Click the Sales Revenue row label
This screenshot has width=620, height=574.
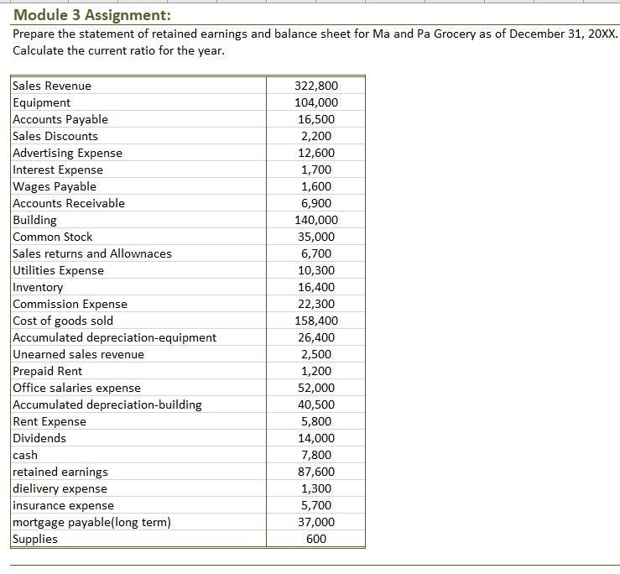tap(52, 86)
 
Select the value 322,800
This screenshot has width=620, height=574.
tap(316, 86)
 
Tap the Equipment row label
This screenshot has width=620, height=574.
tap(42, 102)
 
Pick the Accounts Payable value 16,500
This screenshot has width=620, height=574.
tap(316, 119)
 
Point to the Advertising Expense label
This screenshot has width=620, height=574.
tap(68, 153)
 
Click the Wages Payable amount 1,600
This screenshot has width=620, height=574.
tap(316, 186)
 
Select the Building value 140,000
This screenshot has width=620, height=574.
tap(316, 220)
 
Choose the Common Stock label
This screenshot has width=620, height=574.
tap(53, 237)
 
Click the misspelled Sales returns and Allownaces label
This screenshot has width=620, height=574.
tap(92, 253)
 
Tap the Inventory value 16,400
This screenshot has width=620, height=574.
tap(316, 287)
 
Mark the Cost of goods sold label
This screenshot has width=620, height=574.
tap(63, 321)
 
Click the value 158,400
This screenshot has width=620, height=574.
tap(316, 321)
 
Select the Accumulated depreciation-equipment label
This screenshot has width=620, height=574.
tap(114, 337)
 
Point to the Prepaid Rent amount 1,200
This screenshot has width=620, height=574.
tap(316, 371)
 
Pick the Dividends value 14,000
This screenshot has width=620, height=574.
tap(316, 438)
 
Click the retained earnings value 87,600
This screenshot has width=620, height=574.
tap(316, 472)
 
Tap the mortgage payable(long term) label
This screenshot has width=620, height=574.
tap(91, 522)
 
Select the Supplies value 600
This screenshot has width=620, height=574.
tap(316, 539)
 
